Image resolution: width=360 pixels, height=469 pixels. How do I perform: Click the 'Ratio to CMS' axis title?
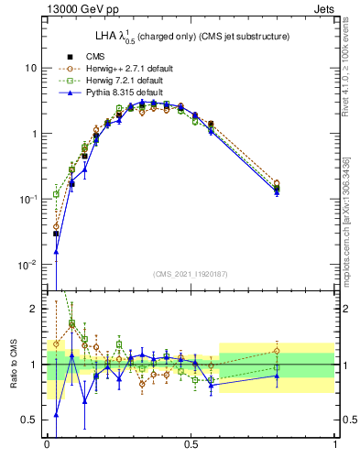point(13,365)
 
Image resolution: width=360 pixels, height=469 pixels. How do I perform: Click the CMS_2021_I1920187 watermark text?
point(190,274)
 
